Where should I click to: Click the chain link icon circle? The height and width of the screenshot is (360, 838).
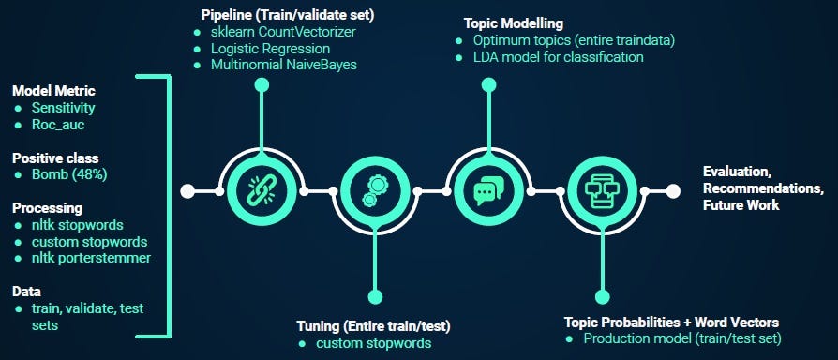point(262,191)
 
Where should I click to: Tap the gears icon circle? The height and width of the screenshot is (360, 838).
point(375,191)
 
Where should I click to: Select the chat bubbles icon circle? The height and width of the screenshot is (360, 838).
point(488,191)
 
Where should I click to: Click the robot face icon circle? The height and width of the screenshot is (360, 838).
point(603,191)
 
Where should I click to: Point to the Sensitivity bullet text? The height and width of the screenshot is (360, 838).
point(63,108)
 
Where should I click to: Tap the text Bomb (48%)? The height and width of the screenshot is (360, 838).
point(69,174)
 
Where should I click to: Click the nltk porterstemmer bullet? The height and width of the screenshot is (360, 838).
point(91,258)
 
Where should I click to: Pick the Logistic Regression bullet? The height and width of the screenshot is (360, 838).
point(270,49)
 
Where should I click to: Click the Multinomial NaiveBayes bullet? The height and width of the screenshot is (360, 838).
point(284,66)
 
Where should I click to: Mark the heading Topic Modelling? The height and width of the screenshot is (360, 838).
point(514,23)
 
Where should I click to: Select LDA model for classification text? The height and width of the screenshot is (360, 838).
point(559,56)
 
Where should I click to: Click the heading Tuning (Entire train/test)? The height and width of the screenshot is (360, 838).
point(374,326)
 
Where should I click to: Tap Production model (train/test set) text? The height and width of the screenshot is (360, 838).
point(682,338)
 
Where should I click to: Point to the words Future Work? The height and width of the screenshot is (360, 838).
point(741,204)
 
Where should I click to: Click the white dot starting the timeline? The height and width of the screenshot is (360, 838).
point(187,191)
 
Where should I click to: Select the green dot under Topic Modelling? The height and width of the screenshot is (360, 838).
point(488,84)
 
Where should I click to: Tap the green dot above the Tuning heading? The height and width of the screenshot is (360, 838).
point(375,297)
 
